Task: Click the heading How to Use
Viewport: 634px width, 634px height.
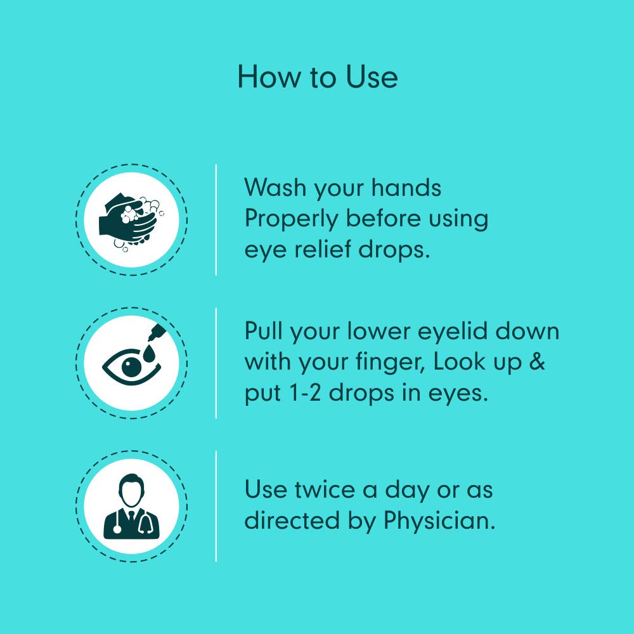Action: click(318, 77)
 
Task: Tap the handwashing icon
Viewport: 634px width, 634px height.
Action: click(131, 221)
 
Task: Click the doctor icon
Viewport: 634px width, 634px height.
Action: click(131, 507)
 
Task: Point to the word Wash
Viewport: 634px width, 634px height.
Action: click(275, 188)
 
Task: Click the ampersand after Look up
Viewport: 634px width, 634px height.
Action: click(537, 361)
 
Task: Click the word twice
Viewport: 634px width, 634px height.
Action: click(325, 489)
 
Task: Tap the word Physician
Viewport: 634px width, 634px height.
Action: click(439, 521)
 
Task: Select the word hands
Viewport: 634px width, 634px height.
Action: click(406, 188)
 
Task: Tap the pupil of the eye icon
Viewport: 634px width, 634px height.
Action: click(131, 366)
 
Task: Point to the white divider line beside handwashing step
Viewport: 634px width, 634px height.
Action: click(216, 220)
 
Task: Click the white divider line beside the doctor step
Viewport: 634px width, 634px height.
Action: click(216, 506)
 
